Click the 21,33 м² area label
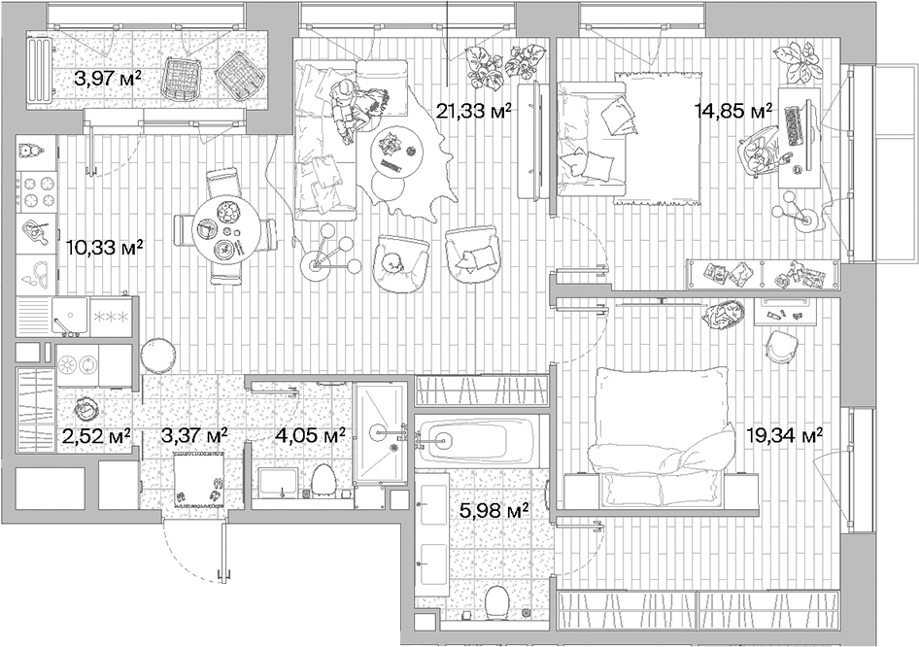474,111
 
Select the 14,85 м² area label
732,111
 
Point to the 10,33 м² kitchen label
104,247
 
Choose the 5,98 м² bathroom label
493,508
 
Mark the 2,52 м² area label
96,436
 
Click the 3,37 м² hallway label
194,436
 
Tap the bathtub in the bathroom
478,441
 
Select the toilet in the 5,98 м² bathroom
495,601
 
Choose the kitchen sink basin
70,315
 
